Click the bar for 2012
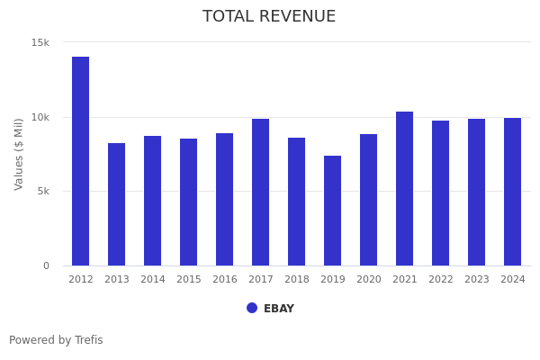point(81,161)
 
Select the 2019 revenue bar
point(333,211)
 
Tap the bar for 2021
point(405,188)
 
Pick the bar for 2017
point(261,192)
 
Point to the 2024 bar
point(513,192)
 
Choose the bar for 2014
point(153,201)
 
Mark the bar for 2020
point(369,200)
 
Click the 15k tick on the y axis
point(40,42)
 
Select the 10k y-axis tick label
point(40,117)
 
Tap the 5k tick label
point(42,191)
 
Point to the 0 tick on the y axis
point(46,265)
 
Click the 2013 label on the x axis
point(117,280)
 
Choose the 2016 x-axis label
point(225,280)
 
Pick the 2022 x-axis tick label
point(441,280)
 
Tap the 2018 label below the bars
point(297,280)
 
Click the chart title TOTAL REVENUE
point(269,17)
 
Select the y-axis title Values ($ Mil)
point(19,154)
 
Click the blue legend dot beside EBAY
point(252,308)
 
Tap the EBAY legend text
point(279,309)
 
